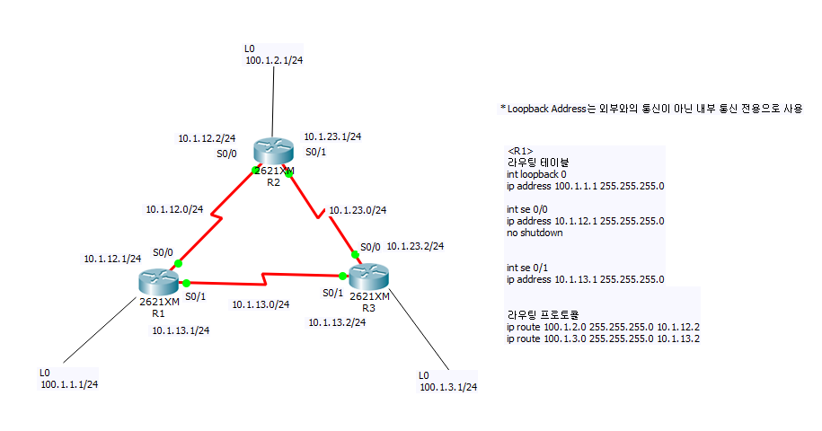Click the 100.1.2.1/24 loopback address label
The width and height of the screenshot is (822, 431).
273,61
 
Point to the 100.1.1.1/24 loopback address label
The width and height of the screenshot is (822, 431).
69,384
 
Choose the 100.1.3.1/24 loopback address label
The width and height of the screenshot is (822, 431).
447,388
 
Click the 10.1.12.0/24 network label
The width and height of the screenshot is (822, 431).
174,209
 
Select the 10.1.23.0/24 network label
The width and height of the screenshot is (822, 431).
358,210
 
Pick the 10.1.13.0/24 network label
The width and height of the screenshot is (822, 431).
261,304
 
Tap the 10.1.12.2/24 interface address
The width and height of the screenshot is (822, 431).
207,138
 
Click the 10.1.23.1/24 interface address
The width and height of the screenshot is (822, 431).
332,136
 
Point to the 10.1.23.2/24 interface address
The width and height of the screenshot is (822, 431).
415,245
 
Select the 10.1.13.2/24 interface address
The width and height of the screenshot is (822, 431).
337,322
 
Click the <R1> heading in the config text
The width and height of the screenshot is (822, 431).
520,150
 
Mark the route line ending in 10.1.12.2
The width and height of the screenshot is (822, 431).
603,327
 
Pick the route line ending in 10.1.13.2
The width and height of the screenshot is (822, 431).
603,339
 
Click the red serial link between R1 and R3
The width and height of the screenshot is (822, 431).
261,277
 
